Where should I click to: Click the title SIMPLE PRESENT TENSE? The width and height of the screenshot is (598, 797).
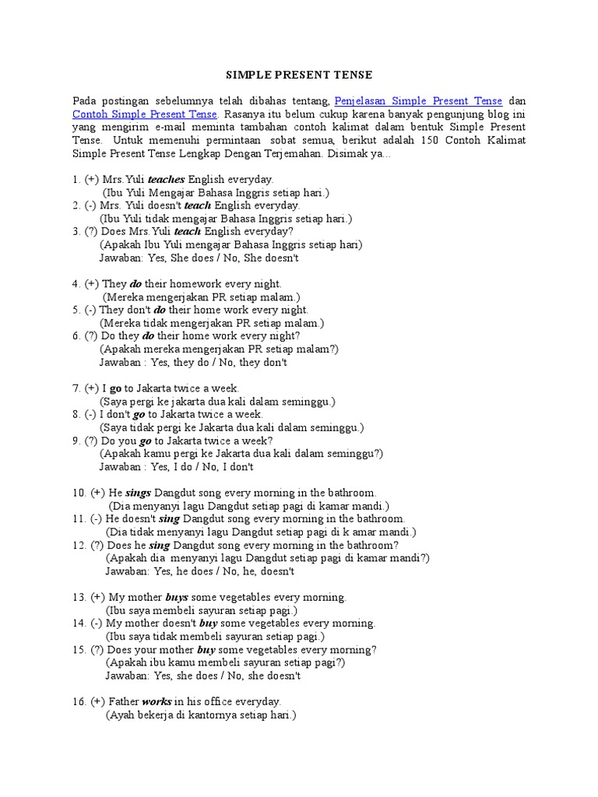tap(299, 75)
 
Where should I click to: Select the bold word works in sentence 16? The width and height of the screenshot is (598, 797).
tap(157, 701)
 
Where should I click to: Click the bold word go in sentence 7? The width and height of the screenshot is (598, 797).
tap(116, 388)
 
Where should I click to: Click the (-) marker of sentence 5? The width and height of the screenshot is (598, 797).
tap(92, 310)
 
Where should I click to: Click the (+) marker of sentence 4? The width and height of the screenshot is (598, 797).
tap(92, 283)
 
